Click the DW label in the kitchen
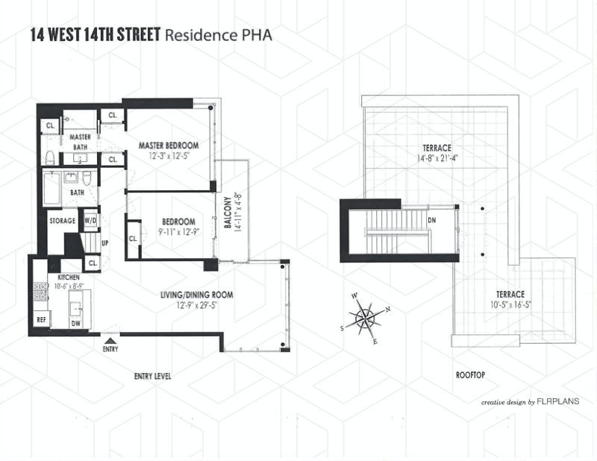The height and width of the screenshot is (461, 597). (x=77, y=324)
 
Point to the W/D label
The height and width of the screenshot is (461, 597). (x=90, y=221)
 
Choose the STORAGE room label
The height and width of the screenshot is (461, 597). (x=63, y=222)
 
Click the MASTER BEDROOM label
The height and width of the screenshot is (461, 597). (x=168, y=145)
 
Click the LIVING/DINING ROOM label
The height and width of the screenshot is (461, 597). (x=196, y=295)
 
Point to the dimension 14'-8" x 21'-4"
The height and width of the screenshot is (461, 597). (x=437, y=158)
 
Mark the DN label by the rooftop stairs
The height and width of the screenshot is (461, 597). (x=431, y=221)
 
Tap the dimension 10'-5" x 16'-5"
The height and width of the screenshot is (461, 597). (x=507, y=304)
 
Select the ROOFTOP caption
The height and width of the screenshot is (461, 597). (x=471, y=376)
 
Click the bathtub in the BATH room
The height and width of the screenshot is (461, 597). (x=51, y=190)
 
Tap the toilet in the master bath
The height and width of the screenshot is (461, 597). (x=49, y=157)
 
